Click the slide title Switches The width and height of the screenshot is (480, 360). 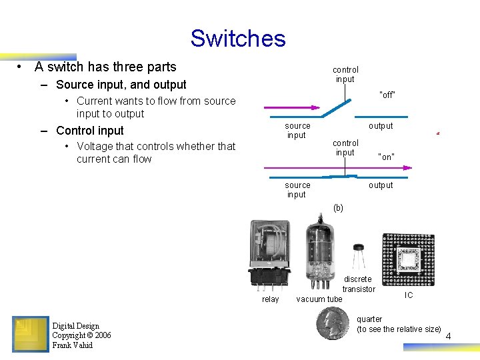click(237, 38)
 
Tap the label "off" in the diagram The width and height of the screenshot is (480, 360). click(387, 95)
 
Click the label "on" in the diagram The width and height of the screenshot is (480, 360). click(386, 157)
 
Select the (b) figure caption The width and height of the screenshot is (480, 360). click(338, 208)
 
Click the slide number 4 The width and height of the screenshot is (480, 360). click(448, 336)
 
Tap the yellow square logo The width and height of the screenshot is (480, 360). click(30, 334)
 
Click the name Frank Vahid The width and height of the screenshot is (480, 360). click(72, 345)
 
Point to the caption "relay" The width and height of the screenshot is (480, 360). click(270, 299)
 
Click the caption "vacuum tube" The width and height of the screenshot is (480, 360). click(319, 299)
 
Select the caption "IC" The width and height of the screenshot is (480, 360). click(409, 295)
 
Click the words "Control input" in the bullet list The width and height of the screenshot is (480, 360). click(90, 131)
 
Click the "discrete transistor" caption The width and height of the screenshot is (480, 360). click(358, 284)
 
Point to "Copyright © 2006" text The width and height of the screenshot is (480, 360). click(81, 335)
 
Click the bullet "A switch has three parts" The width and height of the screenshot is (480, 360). click(105, 67)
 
